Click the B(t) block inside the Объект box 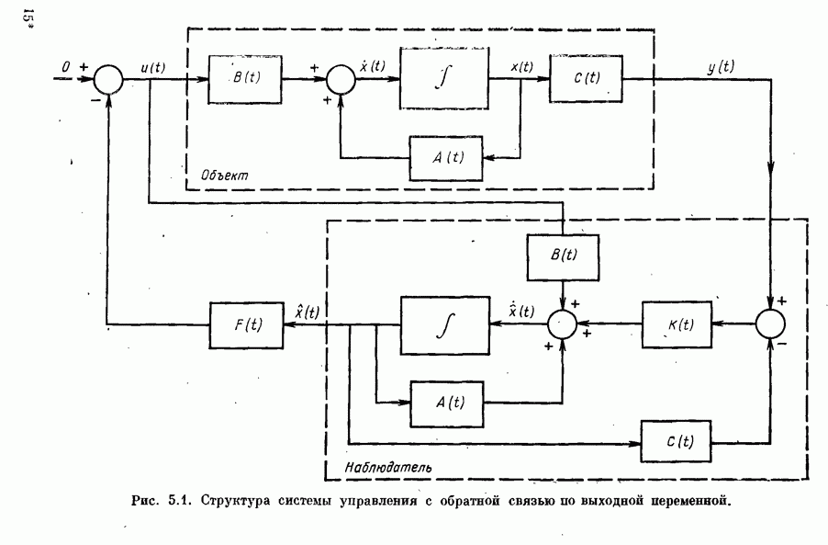pos(244,78)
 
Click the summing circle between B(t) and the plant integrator pos(340,79)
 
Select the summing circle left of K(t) pos(561,324)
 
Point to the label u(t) pos(152,66)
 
